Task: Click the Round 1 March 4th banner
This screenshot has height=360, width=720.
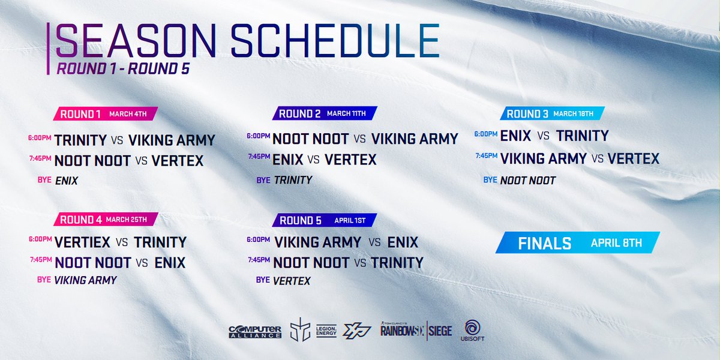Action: tap(106, 114)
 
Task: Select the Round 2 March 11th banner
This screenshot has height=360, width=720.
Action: tap(325, 113)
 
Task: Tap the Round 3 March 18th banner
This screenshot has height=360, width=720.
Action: tap(552, 113)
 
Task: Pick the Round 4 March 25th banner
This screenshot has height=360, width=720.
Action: tap(106, 219)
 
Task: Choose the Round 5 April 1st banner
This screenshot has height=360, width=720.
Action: tap(325, 220)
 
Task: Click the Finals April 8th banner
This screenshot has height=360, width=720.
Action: tap(578, 242)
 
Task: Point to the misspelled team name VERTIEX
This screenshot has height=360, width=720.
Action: tap(82, 242)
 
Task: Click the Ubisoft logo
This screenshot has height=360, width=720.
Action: tap(473, 331)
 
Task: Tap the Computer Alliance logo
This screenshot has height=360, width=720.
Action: tap(255, 332)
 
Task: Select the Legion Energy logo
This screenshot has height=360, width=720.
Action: tap(326, 331)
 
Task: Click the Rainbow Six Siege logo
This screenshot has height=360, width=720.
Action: tap(416, 330)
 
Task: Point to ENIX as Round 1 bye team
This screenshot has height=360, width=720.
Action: tap(67, 181)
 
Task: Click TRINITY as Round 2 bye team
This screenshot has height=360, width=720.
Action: tap(293, 180)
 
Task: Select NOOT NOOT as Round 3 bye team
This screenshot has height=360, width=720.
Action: tap(528, 181)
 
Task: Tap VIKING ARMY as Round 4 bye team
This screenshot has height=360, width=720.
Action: tap(85, 280)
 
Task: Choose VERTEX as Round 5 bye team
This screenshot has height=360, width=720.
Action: tap(292, 281)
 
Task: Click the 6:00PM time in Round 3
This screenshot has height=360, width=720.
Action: tap(485, 134)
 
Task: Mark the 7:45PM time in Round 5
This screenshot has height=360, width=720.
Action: tap(259, 260)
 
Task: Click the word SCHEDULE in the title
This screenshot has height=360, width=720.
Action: tap(335, 41)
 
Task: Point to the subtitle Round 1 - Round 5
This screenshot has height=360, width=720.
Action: tap(123, 68)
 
